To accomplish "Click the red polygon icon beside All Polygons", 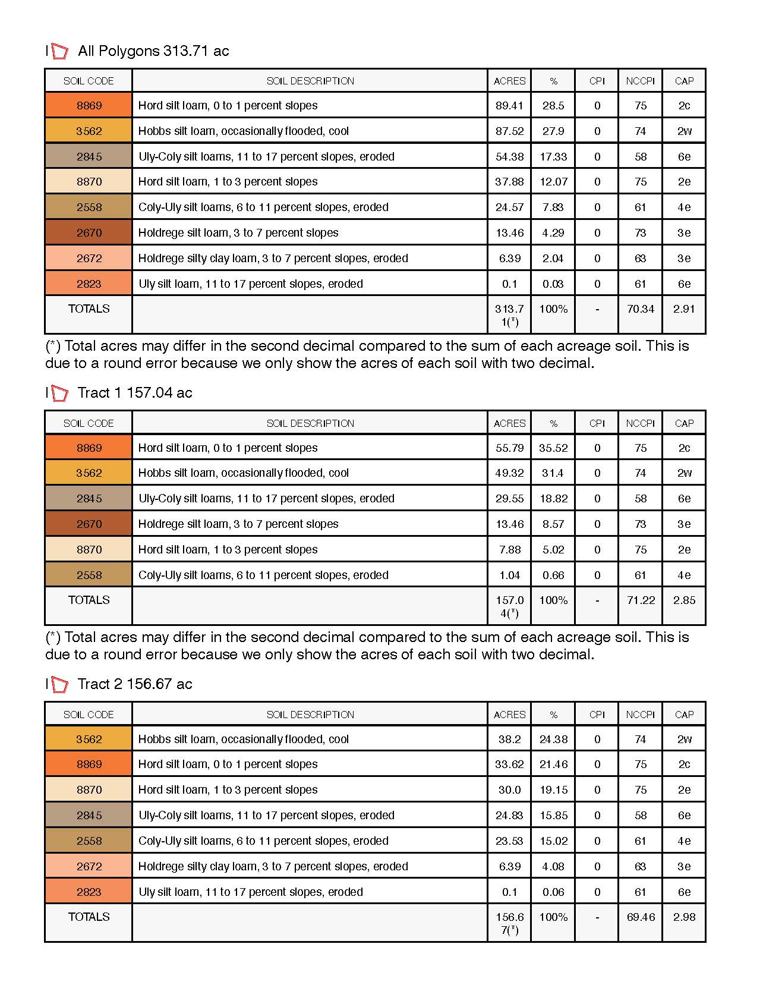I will (x=59, y=52).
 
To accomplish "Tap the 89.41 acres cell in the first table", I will (x=509, y=106).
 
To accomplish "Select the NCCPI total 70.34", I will (x=640, y=309).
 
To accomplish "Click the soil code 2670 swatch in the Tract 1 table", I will (x=89, y=524).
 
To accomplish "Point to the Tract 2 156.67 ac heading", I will (x=135, y=684).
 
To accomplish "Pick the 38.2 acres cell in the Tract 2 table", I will (x=509, y=740).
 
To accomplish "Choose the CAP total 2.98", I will (x=684, y=917).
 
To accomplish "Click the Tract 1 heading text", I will (x=135, y=393).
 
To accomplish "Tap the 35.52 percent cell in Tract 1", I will (x=553, y=448).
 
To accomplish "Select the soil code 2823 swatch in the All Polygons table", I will (x=89, y=284).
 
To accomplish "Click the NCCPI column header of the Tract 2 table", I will (x=640, y=715).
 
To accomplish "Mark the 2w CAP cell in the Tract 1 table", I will (x=684, y=473).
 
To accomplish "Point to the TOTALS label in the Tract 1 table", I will (x=89, y=600).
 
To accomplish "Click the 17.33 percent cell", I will (x=553, y=157).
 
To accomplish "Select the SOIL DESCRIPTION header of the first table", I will (x=310, y=81).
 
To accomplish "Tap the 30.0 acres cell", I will (x=509, y=790).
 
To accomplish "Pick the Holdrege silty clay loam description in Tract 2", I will (x=273, y=867).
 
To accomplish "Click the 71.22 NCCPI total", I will (x=640, y=600).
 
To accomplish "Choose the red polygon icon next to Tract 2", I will (x=59, y=685).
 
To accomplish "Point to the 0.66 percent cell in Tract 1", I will (x=553, y=575).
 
